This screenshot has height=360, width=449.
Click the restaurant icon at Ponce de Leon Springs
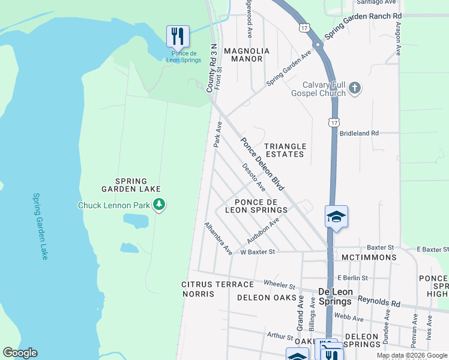pos(178,37)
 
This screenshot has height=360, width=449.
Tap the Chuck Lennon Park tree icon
pos(159,205)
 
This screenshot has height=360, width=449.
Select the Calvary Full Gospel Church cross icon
pos(355,89)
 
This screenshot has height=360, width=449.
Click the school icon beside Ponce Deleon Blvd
pos(337,217)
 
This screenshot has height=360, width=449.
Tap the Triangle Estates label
pos(286,150)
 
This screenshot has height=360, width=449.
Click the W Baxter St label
pos(257,252)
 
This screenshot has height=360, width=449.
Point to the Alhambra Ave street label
pos(218,239)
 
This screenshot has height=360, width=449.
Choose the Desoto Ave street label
pos(253,178)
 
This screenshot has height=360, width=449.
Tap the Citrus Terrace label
pos(209,284)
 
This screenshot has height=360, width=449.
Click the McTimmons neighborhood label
pos(368,257)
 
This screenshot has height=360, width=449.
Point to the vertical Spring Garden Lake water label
pos(40,226)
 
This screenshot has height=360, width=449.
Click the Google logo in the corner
pos(20,353)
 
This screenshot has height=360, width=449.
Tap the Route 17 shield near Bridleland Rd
pos(333,122)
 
